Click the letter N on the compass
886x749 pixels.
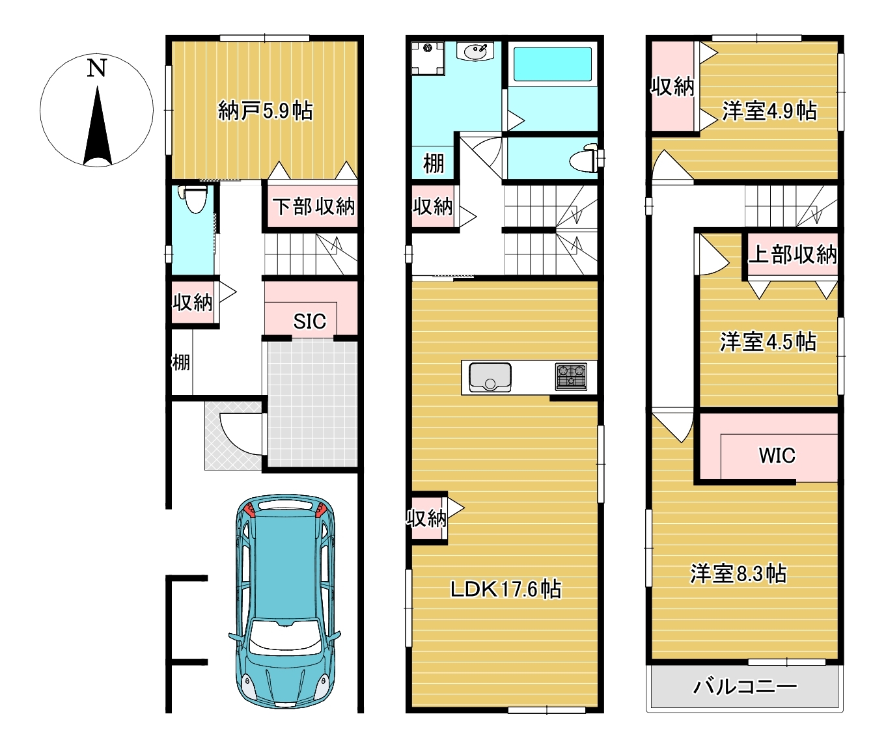click(96, 68)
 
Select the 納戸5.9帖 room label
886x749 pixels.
click(266, 111)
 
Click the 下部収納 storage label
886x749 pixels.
click(314, 206)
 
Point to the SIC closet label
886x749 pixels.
click(309, 321)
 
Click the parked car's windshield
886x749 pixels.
click(285, 636)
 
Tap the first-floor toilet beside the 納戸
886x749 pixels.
click(195, 198)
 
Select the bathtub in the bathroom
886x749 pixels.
click(553, 64)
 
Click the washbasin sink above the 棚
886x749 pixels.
click(475, 52)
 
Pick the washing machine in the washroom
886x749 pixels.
click(427, 59)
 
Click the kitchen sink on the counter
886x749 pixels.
click(490, 377)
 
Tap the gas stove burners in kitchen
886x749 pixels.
click(571, 377)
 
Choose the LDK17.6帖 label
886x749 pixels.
click(505, 589)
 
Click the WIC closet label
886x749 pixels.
click(777, 455)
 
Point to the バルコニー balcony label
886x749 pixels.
click(745, 687)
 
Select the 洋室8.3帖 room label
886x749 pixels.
click(738, 573)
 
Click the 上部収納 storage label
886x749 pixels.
click(792, 254)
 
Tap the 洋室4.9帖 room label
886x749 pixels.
click(769, 111)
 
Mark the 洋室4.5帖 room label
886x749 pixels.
click(768, 342)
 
